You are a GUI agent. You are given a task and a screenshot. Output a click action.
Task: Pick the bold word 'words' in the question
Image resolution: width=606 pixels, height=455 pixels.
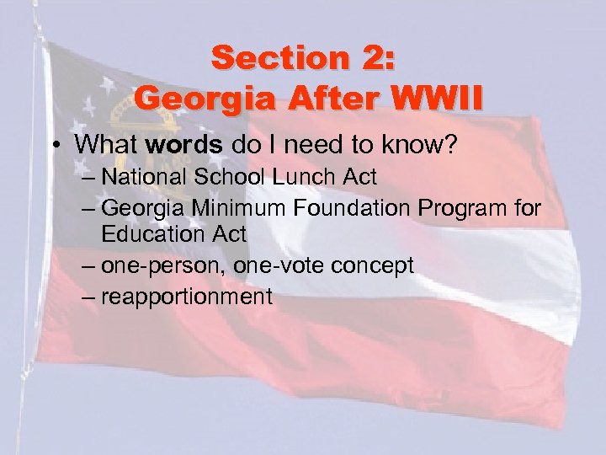pyautogui.click(x=173, y=144)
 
